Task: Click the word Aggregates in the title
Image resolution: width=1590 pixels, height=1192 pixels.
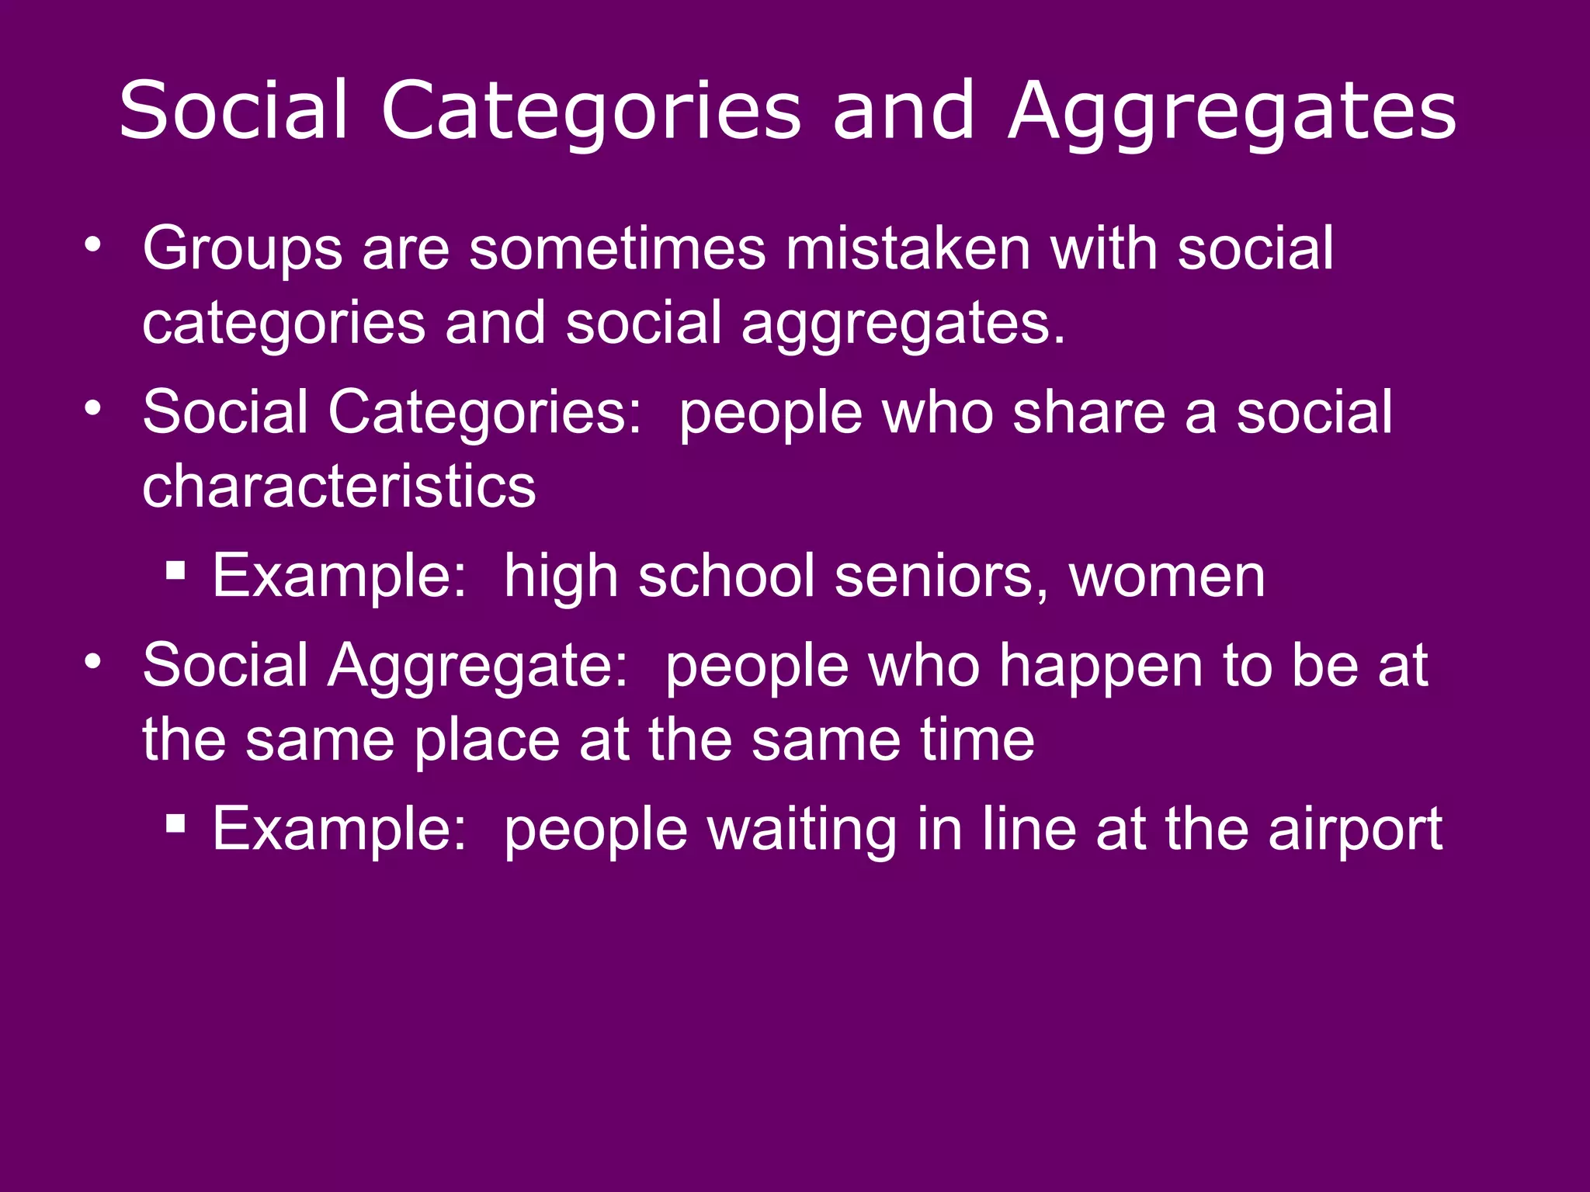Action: [x=1232, y=113]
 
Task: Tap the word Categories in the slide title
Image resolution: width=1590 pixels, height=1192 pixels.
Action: [x=591, y=113]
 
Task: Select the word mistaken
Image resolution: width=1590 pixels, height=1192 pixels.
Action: [x=908, y=248]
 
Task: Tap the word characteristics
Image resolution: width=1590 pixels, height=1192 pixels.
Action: [x=339, y=487]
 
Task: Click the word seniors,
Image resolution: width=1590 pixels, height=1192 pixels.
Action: [x=942, y=577]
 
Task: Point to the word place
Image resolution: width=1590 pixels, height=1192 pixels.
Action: [x=487, y=740]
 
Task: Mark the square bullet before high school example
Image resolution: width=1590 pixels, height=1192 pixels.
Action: [x=176, y=571]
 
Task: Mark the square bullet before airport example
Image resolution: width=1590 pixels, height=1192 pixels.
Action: [x=176, y=823]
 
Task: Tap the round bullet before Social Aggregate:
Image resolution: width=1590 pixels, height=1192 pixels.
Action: [x=93, y=662]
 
